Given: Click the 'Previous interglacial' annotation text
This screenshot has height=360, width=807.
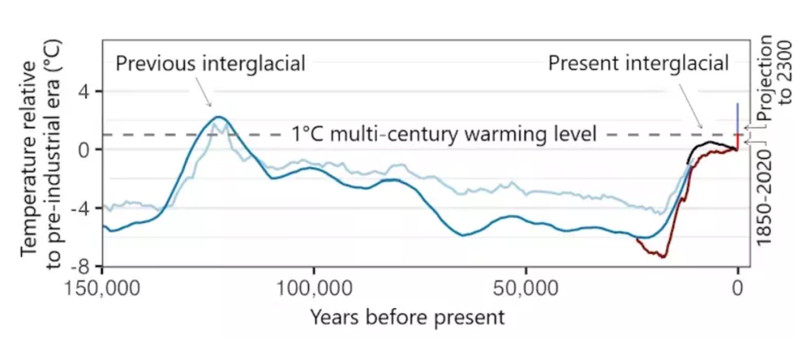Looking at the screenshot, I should pyautogui.click(x=210, y=64).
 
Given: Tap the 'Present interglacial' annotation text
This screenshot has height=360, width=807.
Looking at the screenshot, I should pyautogui.click(x=638, y=64).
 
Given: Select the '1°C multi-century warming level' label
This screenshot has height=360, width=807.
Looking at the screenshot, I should pyautogui.click(x=443, y=134).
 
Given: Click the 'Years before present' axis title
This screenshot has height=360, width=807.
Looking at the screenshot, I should pyautogui.click(x=407, y=317).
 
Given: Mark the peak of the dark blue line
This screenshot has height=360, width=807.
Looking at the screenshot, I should pyautogui.click(x=218, y=117).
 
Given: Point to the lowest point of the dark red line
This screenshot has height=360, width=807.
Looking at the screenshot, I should pyautogui.click(x=662, y=256).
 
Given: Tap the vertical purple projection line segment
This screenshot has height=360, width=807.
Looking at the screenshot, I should pyautogui.click(x=738, y=119).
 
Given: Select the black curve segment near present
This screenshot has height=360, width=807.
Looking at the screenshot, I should pyautogui.click(x=709, y=143).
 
